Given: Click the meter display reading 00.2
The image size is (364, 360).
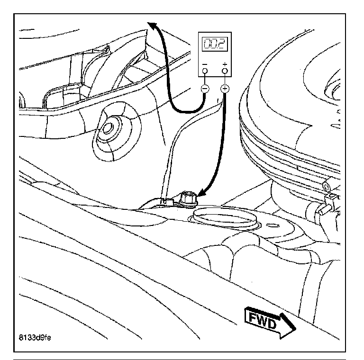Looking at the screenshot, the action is click(215, 44).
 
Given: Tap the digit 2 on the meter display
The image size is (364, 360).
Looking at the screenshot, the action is click(221, 44).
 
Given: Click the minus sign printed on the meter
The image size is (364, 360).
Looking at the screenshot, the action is click(205, 64).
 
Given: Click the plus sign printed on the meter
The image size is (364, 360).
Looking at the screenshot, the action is click(225, 64).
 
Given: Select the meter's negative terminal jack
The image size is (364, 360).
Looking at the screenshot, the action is click(205, 71).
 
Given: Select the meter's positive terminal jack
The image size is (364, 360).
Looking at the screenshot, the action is click(225, 71).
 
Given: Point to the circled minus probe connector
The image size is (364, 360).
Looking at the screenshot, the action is click(205, 89).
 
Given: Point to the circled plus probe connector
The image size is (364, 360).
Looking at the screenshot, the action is click(225, 89).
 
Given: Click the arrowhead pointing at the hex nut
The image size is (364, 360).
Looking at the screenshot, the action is click(201, 192).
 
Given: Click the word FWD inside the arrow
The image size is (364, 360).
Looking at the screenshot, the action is click(263, 319).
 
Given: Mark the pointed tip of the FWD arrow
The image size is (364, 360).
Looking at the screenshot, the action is click(296, 328).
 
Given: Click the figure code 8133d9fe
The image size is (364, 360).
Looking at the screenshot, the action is click(35, 337).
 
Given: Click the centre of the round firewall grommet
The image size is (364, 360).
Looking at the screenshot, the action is click(108, 128).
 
